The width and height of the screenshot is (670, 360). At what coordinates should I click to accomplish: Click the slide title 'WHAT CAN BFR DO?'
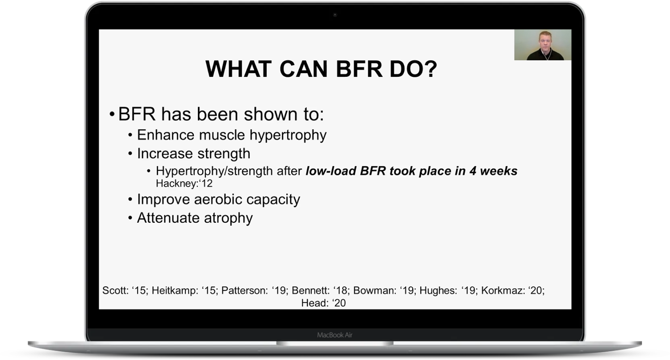coord(321,69)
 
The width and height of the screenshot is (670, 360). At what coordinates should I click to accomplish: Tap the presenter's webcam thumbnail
coord(543,45)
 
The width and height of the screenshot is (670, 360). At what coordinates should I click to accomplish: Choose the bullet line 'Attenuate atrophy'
coord(195,218)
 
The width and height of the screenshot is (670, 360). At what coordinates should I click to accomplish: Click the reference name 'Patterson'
coord(244,290)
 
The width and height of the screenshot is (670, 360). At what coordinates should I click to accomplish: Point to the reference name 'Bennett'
coord(310,290)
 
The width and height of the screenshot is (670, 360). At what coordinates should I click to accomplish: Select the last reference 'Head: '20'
coord(323,303)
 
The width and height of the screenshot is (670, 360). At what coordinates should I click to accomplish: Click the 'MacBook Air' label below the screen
coord(335,335)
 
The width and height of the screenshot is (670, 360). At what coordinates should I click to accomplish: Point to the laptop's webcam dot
coord(335,15)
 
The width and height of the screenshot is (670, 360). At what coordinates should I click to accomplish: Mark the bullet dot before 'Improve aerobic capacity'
coord(130,199)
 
